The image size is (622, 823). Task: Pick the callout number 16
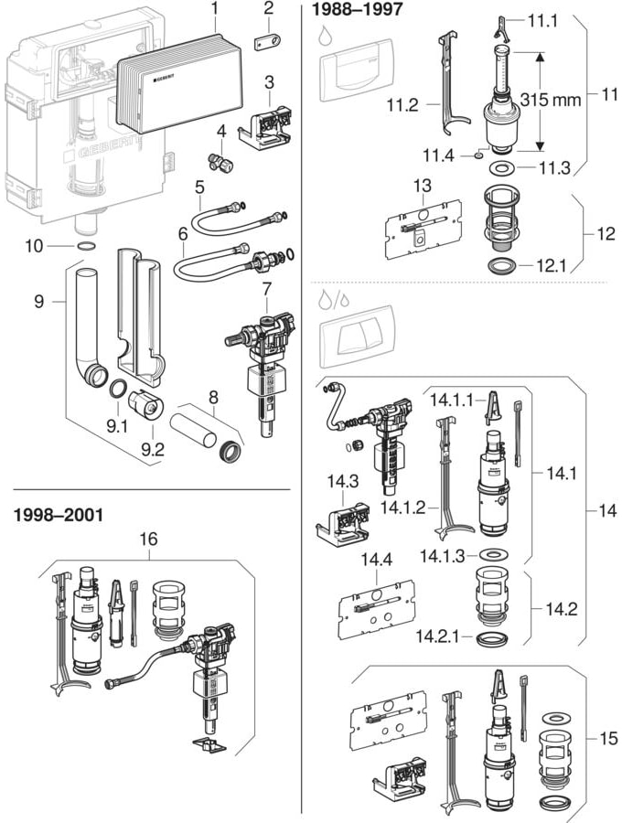(148, 540)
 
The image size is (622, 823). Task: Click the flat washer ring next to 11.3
(500, 168)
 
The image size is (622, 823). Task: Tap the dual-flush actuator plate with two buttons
(352, 336)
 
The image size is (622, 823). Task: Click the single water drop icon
(326, 37)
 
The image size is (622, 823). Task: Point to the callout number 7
(267, 290)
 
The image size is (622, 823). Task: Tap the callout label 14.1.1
(451, 400)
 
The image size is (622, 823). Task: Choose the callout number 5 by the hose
(198, 187)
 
